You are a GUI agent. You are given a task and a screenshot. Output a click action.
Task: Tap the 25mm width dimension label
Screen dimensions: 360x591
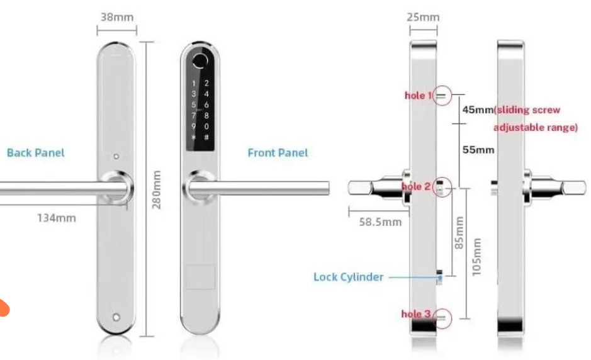coord(422,17)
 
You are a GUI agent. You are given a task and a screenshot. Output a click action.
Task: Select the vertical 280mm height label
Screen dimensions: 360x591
coord(157,189)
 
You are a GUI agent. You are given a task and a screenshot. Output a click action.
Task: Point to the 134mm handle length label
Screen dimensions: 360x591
coord(55,218)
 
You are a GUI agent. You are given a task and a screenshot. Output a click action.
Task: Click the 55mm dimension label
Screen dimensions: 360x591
coord(478,150)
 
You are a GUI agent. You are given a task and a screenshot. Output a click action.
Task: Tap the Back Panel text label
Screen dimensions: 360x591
coord(35,152)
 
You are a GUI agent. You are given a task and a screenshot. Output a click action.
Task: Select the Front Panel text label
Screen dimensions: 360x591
coord(278,153)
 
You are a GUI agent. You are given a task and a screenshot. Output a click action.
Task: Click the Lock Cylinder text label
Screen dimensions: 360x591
coord(348,277)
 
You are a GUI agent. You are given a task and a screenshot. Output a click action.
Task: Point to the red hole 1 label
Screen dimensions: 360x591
coord(419,96)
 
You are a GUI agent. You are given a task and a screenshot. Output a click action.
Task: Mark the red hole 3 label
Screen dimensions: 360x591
coord(415,313)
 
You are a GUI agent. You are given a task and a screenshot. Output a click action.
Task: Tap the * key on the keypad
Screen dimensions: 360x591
coord(194,137)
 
